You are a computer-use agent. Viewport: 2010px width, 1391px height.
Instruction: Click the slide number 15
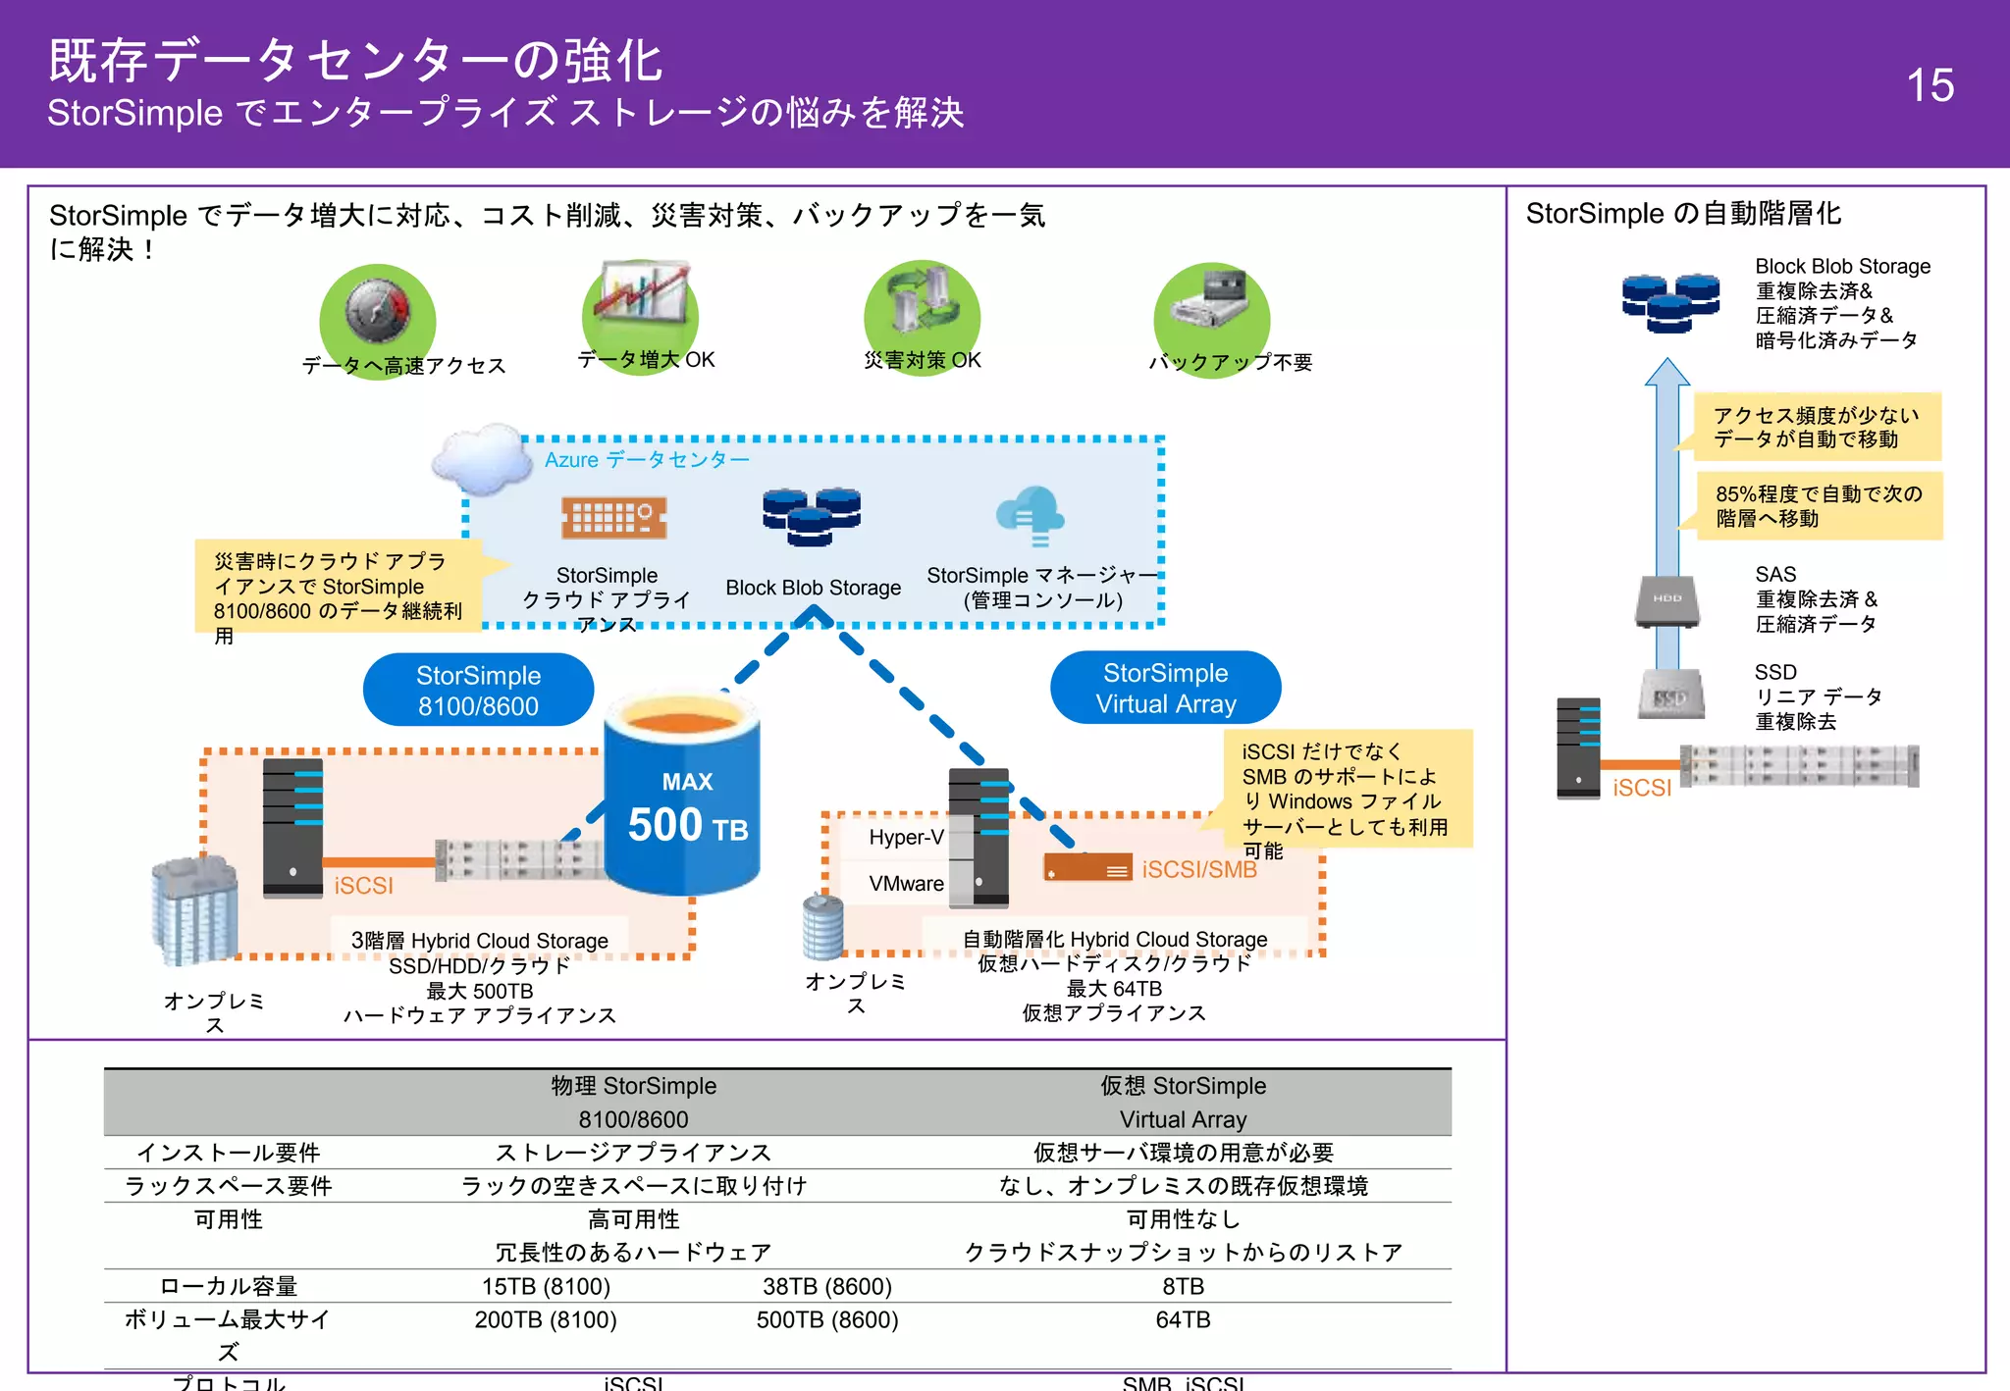(x=1929, y=85)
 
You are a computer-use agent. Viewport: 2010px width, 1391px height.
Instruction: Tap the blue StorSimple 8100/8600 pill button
(x=478, y=690)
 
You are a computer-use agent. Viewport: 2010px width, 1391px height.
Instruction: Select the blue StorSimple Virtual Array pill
(x=1165, y=688)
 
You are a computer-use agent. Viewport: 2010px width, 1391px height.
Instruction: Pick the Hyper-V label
(x=905, y=837)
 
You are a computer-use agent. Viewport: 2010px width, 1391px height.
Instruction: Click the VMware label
(x=905, y=883)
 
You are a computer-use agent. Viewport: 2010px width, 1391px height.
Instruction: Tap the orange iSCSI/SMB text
(x=1198, y=869)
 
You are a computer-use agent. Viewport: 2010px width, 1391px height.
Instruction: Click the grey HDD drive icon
(x=1666, y=600)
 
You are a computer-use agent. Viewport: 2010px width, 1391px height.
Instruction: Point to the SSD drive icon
(x=1670, y=695)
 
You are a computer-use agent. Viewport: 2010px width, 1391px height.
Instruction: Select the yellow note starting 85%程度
(x=1818, y=505)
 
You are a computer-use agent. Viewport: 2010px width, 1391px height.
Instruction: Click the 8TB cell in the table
(x=1183, y=1286)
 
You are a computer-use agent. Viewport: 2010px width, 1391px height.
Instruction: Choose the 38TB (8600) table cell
(x=826, y=1286)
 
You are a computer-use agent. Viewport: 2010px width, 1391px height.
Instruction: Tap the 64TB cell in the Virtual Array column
(x=1183, y=1319)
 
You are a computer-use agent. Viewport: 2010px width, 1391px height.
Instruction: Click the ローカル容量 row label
(x=228, y=1286)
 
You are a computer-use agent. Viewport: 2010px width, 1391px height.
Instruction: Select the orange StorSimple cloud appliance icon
(x=613, y=516)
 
